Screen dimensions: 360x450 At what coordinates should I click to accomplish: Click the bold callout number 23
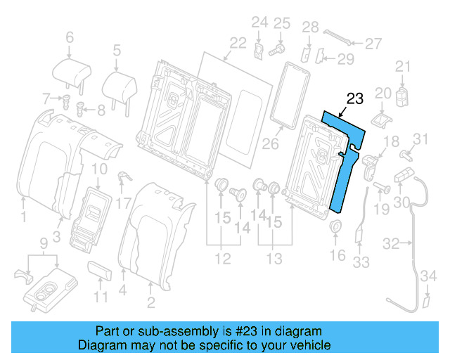(355, 98)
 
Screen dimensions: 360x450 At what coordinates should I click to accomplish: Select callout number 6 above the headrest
(69, 37)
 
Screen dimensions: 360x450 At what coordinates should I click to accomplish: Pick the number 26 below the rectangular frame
(271, 145)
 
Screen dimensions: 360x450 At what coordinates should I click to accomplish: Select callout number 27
(373, 43)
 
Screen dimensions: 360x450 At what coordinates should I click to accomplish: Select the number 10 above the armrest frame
(99, 168)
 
